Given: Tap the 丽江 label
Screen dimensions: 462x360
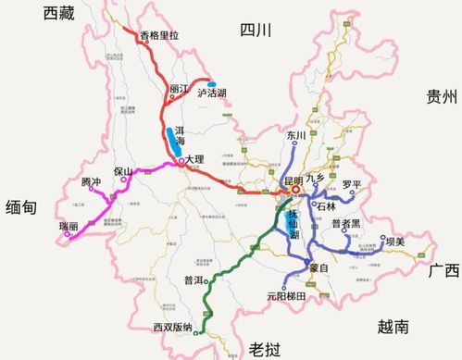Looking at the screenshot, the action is [x=179, y=89].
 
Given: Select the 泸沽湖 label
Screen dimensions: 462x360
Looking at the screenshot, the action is [x=212, y=93].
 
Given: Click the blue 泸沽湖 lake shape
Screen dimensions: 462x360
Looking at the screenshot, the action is [x=212, y=81].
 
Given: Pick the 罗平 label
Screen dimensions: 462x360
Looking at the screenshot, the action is [x=352, y=184].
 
